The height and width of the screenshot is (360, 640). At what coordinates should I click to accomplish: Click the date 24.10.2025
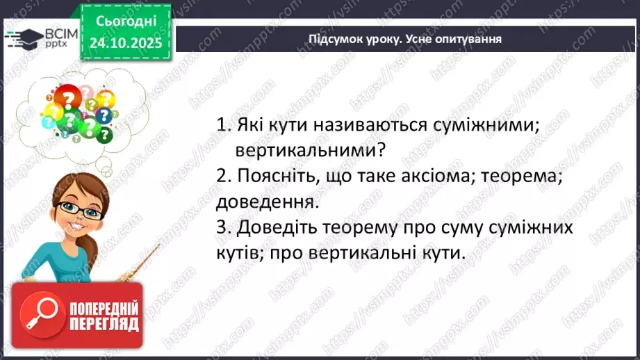[125, 43]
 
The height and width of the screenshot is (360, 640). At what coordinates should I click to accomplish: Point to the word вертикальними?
[311, 150]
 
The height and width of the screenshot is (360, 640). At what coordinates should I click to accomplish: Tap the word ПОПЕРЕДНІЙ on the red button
[104, 308]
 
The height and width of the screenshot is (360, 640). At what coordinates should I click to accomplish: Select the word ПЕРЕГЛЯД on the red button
[104, 324]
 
